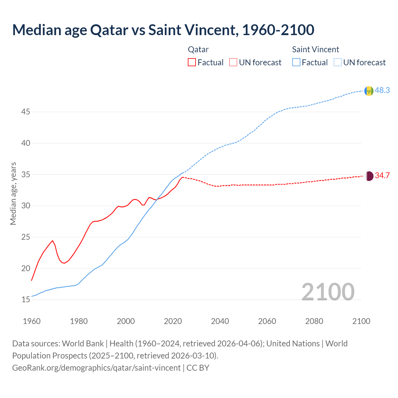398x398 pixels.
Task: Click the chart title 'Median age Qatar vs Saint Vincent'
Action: [x=163, y=30]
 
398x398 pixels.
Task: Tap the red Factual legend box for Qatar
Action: [x=192, y=62]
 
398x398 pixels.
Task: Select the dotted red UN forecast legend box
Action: [x=233, y=62]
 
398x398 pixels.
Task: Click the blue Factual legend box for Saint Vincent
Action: [x=296, y=62]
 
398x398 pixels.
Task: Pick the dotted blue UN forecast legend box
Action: [x=337, y=62]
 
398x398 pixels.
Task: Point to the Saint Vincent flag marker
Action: [x=369, y=91]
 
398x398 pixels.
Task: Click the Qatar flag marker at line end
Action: [x=369, y=176]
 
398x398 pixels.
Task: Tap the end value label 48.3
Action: [x=382, y=90]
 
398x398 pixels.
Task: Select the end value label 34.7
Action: [x=382, y=175]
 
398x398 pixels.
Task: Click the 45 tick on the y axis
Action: [x=25, y=112]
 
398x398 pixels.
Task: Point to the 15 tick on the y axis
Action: [x=25, y=300]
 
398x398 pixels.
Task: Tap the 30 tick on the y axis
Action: [x=25, y=206]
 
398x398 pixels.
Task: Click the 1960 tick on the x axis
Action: [x=32, y=321]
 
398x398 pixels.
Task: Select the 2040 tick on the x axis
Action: [x=220, y=321]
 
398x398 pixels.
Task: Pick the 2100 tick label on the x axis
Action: [x=361, y=321]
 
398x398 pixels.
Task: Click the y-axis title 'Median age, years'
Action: [x=13, y=193]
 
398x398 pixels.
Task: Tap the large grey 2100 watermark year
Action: [x=328, y=292]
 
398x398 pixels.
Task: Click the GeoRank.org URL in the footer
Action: [x=96, y=368]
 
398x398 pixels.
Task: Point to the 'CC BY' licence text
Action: [x=198, y=368]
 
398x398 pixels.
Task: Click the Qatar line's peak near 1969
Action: [x=53, y=241]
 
